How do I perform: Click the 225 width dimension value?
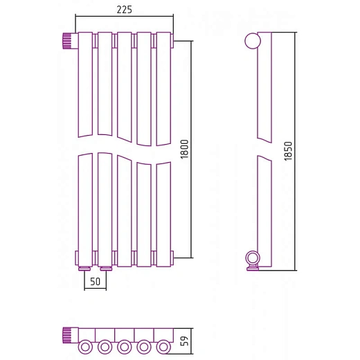pyautogui.click(x=124, y=10)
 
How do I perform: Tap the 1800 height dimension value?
pyautogui.click(x=185, y=149)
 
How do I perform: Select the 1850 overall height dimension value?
pyautogui.click(x=288, y=151)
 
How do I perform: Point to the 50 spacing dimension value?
pyautogui.click(x=95, y=282)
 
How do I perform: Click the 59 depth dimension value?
pyautogui.click(x=185, y=341)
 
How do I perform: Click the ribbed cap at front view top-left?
pyautogui.click(x=66, y=41)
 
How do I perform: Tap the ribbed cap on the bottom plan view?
pyautogui.click(x=66, y=335)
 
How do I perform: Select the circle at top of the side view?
pyautogui.click(x=253, y=41)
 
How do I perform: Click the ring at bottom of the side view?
pyautogui.click(x=253, y=258)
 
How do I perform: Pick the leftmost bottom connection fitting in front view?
pyautogui.click(x=84, y=269)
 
